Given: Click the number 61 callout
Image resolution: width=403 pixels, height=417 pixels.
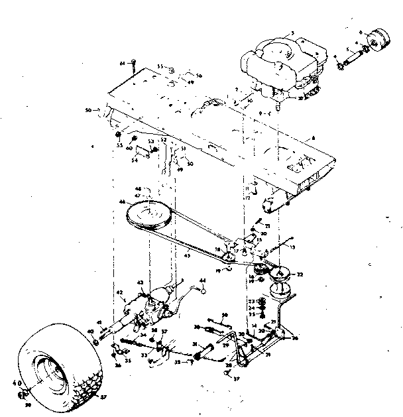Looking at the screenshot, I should point(123,62).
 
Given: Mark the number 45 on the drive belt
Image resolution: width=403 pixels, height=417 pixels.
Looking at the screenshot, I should point(188,254).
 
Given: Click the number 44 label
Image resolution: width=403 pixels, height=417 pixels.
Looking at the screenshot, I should point(203,281).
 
